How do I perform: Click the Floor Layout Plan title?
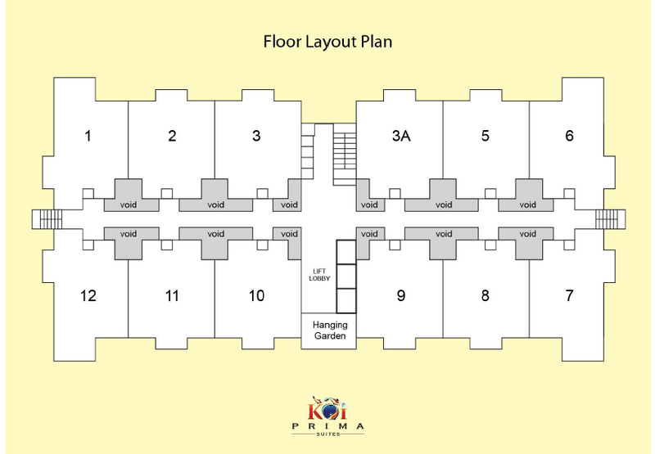(327, 41)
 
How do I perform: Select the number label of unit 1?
(88, 136)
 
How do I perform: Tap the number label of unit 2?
(172, 136)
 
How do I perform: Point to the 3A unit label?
(400, 136)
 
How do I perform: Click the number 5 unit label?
(486, 136)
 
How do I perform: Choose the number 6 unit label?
(570, 136)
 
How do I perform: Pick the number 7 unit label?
(570, 295)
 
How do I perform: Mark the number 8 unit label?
(486, 295)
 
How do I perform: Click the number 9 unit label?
(400, 295)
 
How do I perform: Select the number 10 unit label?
(256, 295)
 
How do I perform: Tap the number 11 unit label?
(172, 295)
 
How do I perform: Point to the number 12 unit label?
(88, 295)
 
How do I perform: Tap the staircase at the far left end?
(47, 219)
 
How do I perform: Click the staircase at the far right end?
(609, 219)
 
